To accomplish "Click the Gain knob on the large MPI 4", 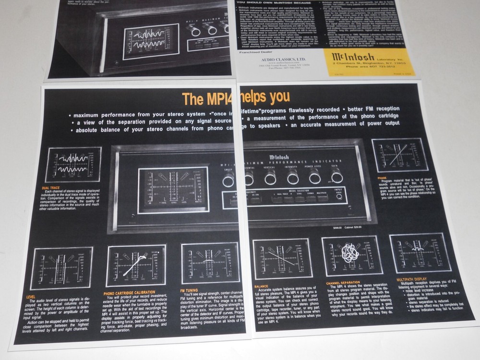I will (337, 177).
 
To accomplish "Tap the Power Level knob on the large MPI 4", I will (315, 177).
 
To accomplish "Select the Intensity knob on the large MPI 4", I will (293, 178).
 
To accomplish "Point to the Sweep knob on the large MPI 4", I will (228, 180).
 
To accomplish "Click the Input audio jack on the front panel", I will (339, 196).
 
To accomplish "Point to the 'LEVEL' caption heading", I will (33, 297).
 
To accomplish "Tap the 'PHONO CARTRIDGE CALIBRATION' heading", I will (129, 292).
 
